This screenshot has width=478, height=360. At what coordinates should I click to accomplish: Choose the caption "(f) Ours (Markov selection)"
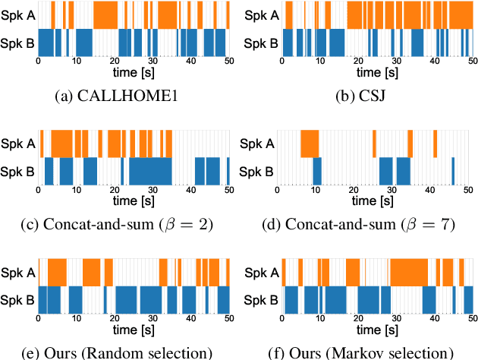tap(357, 352)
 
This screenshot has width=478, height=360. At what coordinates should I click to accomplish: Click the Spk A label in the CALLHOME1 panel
tap(17, 14)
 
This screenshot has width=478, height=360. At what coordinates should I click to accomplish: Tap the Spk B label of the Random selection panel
tap(17, 300)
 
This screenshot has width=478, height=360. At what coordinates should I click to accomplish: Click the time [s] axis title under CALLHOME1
tap(134, 76)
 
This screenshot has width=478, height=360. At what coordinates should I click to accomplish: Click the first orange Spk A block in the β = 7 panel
tap(310, 144)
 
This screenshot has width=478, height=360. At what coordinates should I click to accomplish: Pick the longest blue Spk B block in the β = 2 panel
tap(150, 172)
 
